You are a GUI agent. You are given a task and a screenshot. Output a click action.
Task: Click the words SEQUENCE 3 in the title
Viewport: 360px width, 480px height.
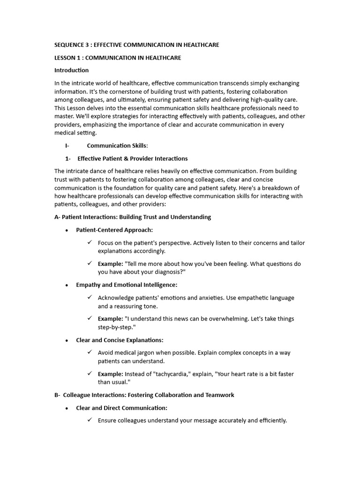click(x=71, y=45)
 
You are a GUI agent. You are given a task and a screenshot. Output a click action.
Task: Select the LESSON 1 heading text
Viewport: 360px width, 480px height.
click(x=118, y=58)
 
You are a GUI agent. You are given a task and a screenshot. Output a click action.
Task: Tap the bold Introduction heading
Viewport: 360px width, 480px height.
click(x=71, y=70)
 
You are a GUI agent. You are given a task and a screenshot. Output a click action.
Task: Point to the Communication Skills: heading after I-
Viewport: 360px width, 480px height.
click(x=117, y=146)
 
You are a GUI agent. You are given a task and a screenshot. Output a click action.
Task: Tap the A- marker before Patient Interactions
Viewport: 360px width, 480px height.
click(x=58, y=217)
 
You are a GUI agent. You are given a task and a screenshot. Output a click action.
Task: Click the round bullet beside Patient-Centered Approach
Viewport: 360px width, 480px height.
click(x=67, y=230)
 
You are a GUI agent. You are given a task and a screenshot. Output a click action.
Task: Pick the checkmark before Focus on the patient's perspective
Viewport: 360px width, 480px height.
click(x=90, y=242)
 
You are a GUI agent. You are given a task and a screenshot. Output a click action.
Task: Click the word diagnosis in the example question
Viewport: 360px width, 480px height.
click(x=167, y=272)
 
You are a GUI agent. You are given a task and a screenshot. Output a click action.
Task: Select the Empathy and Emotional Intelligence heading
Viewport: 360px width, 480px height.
click(x=127, y=285)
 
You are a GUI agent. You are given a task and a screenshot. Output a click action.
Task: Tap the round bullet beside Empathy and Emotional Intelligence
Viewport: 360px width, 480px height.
click(x=67, y=285)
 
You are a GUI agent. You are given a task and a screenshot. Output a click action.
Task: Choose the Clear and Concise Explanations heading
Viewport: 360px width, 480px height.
click(x=120, y=340)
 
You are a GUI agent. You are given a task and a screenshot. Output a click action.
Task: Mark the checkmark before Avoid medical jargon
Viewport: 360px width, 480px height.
click(x=90, y=352)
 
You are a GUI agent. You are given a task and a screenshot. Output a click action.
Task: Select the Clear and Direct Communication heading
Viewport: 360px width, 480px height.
click(x=121, y=408)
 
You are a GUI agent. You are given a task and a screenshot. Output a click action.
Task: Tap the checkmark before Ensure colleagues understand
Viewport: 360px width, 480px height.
click(x=90, y=420)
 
